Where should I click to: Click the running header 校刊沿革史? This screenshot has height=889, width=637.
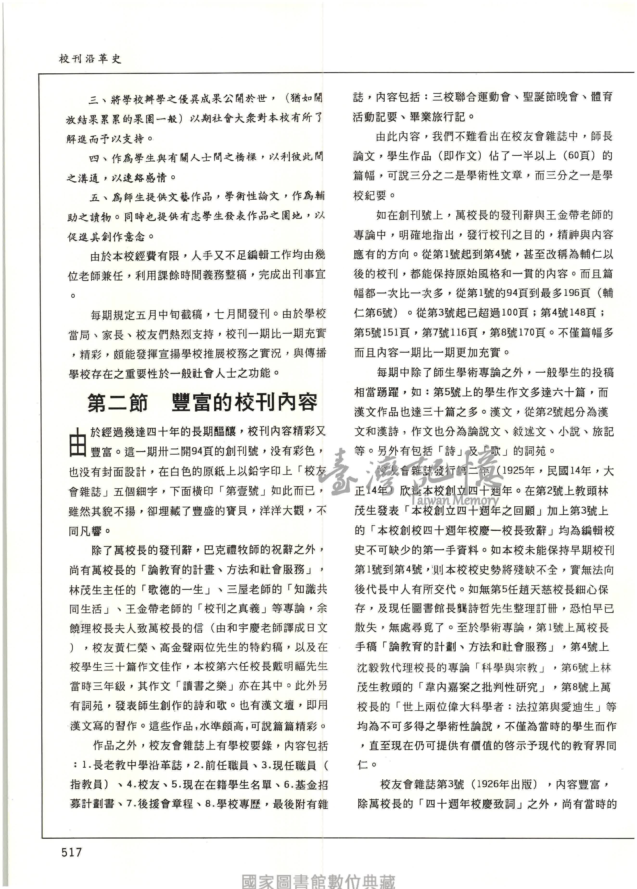point(90,59)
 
